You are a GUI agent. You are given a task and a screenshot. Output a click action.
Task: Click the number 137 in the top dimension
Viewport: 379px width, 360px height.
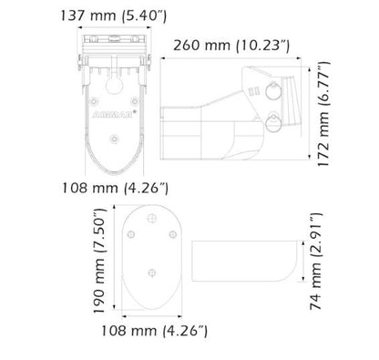tap(101, 14)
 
